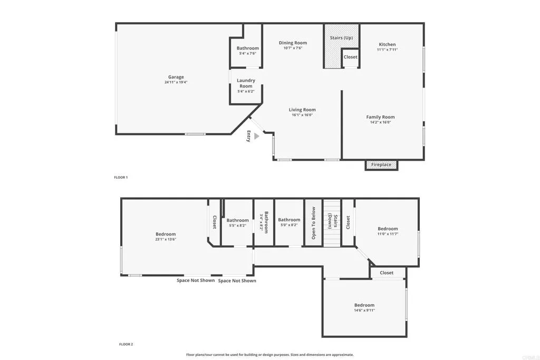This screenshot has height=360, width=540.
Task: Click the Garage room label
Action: [176, 77]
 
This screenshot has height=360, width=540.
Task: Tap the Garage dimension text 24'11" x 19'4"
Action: [176, 82]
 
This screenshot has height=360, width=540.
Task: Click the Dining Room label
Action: [293, 43]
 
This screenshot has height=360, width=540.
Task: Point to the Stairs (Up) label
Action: [341, 38]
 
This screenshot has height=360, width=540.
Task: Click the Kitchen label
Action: [387, 45]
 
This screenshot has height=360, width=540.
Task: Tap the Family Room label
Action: [380, 117]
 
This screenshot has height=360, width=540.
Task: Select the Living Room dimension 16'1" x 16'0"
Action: [302, 115]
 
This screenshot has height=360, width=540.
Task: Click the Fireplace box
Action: [381, 165]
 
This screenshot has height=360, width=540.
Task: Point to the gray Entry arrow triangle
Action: [256, 136]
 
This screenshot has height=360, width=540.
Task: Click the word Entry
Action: [248, 136]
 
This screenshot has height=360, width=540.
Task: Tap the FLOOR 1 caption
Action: [121, 178]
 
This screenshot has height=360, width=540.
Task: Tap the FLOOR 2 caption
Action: [126, 344]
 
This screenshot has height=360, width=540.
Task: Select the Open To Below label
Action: [313, 223]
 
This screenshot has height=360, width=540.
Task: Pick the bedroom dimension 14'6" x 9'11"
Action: [364, 310]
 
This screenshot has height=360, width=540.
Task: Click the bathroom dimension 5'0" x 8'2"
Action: [289, 225]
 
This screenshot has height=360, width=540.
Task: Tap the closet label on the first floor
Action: [350, 57]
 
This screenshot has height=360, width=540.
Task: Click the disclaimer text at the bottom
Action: [270, 355]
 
